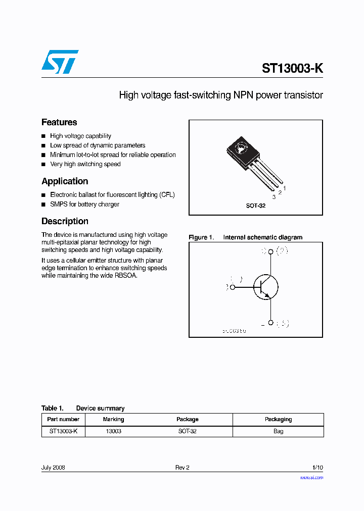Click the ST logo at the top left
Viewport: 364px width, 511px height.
(60, 62)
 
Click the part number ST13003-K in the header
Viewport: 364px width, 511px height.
(292, 69)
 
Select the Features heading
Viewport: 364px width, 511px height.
(59, 122)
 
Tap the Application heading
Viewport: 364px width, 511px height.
(65, 181)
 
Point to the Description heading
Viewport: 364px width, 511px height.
(65, 221)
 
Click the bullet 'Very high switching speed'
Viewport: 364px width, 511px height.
(85, 164)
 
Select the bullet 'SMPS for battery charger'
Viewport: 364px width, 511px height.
(84, 204)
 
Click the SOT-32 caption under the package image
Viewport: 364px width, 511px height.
(255, 206)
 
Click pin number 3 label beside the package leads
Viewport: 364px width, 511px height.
(274, 197)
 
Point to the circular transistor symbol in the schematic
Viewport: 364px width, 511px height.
(265, 287)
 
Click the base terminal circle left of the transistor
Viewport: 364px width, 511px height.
(233, 287)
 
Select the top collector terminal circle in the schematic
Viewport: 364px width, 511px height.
(271, 251)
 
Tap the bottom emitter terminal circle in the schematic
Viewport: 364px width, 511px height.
(271, 323)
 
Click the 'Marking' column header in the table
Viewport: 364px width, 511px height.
(113, 419)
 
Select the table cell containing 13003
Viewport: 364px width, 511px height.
(113, 431)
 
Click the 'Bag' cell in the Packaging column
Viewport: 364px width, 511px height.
(278, 431)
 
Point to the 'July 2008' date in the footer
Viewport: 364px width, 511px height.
(53, 468)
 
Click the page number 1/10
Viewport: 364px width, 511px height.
(317, 468)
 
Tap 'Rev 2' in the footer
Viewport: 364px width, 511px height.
(182, 468)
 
